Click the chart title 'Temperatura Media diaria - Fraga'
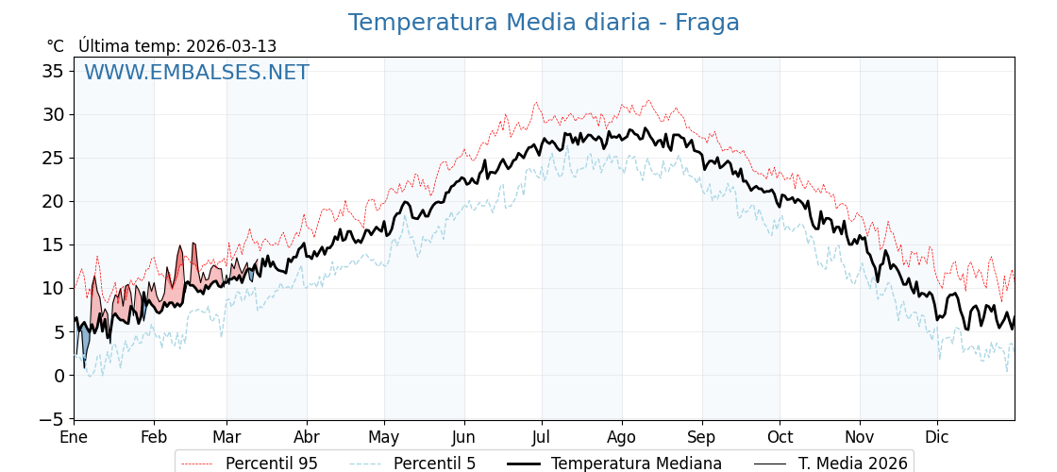[544, 23]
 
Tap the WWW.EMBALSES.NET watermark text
[196, 73]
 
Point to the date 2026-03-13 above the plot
[231, 46]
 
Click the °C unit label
[55, 46]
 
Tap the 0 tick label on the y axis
[59, 375]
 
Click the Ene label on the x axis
[74, 437]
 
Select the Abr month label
[307, 437]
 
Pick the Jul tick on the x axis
[542, 437]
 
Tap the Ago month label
[622, 437]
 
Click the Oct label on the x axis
[780, 437]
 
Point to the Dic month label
[937, 437]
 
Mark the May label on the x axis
[384, 437]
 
